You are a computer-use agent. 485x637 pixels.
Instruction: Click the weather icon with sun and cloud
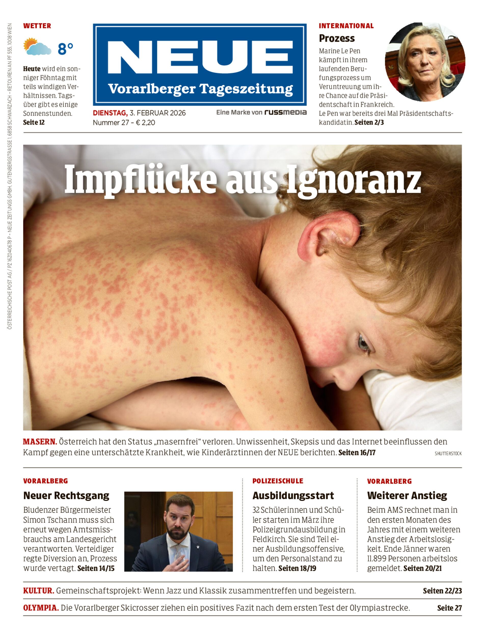pos(37,46)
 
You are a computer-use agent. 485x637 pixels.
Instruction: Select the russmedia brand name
pos(286,112)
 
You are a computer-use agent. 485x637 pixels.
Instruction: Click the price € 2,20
pos(145,123)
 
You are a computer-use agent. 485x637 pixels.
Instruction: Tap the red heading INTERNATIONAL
pos(346,26)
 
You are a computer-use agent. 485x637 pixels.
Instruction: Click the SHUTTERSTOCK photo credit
pos(448,454)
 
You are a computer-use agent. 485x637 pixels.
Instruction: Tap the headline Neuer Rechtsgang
pos(66,496)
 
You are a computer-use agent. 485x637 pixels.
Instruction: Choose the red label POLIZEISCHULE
pos(278,481)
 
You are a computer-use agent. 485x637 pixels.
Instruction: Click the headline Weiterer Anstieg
pos(407,496)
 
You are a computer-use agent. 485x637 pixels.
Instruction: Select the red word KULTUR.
pos(39,591)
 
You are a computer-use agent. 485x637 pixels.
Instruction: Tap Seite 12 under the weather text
pos(34,123)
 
